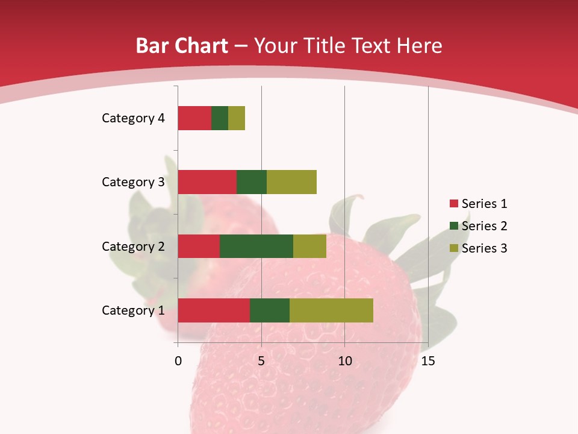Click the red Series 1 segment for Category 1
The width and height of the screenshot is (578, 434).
coord(214,310)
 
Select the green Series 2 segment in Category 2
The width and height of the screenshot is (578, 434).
coord(256,246)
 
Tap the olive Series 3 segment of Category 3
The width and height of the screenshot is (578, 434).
coord(291,182)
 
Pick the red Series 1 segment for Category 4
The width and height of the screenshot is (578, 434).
coord(194,118)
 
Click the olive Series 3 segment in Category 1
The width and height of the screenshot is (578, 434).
coord(331,310)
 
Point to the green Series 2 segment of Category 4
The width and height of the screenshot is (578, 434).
coord(220,118)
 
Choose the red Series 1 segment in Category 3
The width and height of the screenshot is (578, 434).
coord(207,182)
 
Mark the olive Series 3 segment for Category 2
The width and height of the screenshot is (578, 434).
coord(309,246)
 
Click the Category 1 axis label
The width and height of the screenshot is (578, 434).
coord(133,310)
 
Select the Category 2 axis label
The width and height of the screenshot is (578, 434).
coord(133,246)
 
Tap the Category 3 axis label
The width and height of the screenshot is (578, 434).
coord(133,182)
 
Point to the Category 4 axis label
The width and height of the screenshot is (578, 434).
coord(133,118)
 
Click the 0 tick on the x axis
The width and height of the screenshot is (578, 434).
coord(178,361)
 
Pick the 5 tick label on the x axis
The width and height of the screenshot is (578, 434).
coord(261,361)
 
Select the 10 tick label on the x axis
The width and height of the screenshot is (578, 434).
coord(344,361)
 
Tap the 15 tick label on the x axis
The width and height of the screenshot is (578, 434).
coord(428,361)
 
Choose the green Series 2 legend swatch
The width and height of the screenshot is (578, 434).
coord(453,226)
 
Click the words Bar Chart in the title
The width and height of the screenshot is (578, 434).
coord(181,46)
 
